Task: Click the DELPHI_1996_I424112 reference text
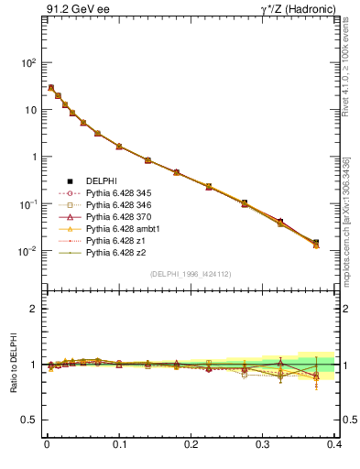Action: [191, 274]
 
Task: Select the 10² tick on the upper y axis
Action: [29, 63]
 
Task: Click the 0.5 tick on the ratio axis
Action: [31, 420]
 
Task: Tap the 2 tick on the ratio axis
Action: [35, 309]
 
